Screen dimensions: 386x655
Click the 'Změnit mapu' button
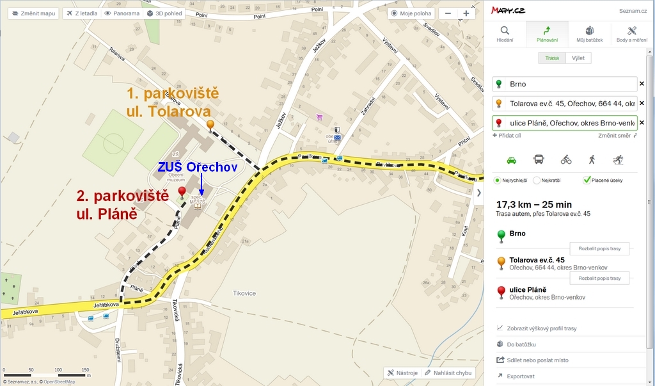pos(33,13)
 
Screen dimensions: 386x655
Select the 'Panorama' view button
pos(122,13)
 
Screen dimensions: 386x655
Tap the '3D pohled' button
pos(164,13)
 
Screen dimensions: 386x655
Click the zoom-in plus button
pos(466,13)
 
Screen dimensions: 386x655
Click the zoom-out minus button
pos(448,13)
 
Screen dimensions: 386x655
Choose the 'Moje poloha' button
pos(412,13)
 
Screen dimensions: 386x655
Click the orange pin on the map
pos(210,125)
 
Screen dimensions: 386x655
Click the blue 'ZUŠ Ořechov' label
pos(198,167)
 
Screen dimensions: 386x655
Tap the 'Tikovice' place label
pos(244,293)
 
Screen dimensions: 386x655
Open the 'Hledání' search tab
pos(505,35)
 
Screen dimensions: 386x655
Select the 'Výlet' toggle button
pos(578,58)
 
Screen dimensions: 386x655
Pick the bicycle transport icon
pos(565,159)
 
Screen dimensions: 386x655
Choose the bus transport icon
pos(539,159)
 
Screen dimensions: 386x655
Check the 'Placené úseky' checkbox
pos(587,181)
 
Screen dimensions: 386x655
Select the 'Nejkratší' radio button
pos(537,181)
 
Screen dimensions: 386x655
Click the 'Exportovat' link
pos(520,376)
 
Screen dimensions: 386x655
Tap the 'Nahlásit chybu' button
pos(448,373)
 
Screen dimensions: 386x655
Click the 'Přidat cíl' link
pos(507,136)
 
